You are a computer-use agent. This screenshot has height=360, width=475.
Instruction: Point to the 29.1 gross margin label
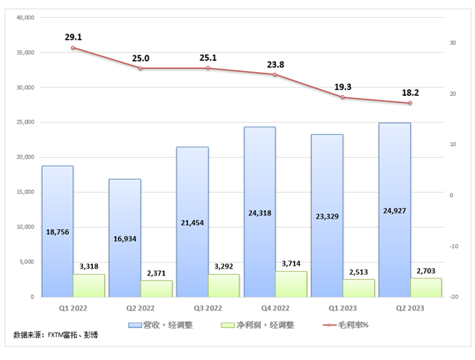point(73,35)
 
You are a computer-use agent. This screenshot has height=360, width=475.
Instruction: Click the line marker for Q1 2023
point(343,97)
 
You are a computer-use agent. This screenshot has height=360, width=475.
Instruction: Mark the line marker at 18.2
point(410,103)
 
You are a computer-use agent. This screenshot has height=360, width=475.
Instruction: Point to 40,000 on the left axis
point(25,17)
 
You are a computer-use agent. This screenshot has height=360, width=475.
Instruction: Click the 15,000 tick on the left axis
point(25,192)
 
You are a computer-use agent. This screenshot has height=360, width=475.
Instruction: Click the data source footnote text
point(55,335)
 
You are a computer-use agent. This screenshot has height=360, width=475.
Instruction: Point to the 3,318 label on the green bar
point(88,266)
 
